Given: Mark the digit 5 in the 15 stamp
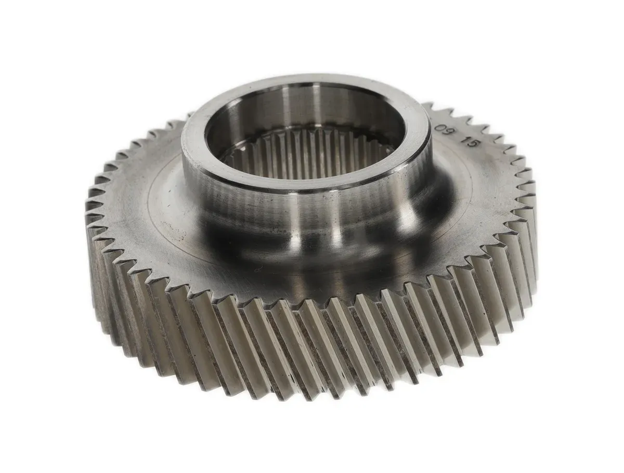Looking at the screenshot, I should (x=472, y=144).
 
